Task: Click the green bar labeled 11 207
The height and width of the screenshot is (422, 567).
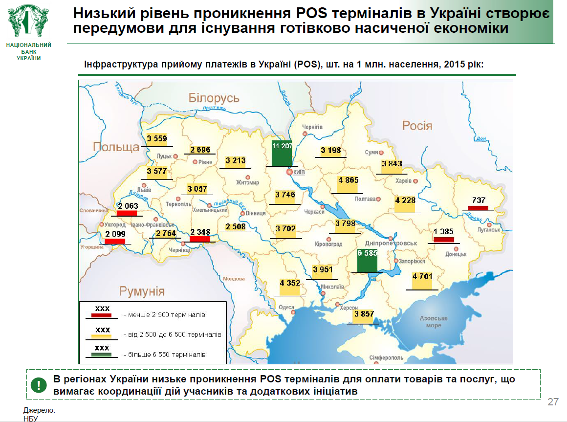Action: tap(282, 153)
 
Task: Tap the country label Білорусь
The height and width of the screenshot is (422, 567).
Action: tap(214, 98)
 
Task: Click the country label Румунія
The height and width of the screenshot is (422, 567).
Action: tap(142, 291)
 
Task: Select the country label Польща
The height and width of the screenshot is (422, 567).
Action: tap(116, 147)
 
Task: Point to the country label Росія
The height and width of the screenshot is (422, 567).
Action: tap(417, 126)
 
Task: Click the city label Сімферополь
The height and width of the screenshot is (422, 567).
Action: tap(386, 358)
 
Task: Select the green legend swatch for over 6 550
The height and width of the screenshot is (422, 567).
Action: tap(102, 354)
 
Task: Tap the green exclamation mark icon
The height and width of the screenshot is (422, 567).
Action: tap(38, 385)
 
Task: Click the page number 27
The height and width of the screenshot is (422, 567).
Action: tap(553, 402)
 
